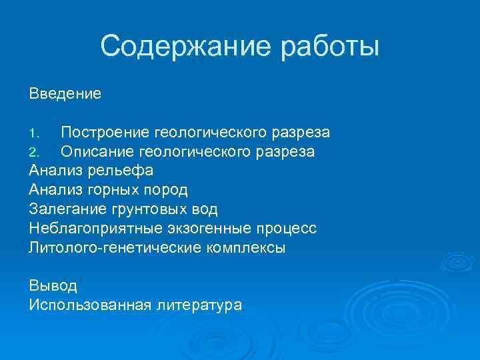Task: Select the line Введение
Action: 65,94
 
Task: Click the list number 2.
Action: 35,153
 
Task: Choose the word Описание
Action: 97,152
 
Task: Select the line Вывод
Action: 53,286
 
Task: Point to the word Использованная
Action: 89,305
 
